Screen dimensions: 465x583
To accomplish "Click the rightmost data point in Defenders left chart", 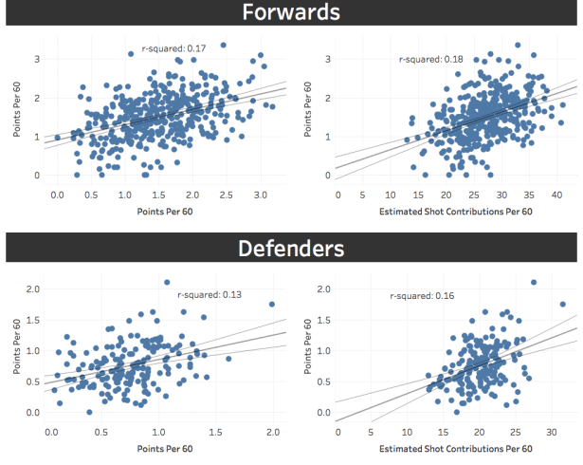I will point(272,305).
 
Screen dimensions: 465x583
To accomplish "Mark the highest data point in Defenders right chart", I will point(534,282).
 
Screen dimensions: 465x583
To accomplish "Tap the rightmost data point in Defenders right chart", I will point(562,305).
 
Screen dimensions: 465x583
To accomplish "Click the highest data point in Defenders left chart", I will point(167,282).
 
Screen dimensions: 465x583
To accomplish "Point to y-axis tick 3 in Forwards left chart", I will point(36,59).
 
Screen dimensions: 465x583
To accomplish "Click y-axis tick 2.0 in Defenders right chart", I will point(322,288).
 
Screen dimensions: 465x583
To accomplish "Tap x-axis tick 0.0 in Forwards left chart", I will point(57,194).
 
